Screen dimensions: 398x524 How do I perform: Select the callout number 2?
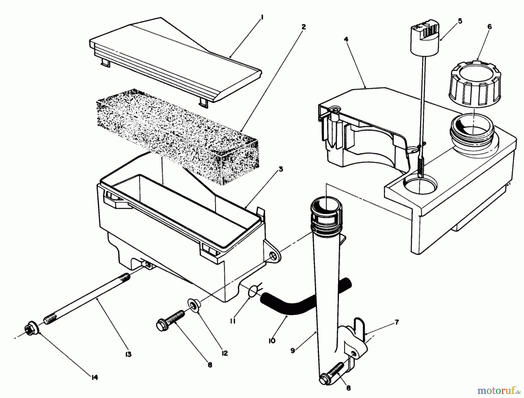point(303,27)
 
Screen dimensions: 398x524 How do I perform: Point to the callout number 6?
point(489,27)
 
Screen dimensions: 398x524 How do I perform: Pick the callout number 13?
point(128,354)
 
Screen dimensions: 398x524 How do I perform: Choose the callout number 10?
point(272,341)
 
